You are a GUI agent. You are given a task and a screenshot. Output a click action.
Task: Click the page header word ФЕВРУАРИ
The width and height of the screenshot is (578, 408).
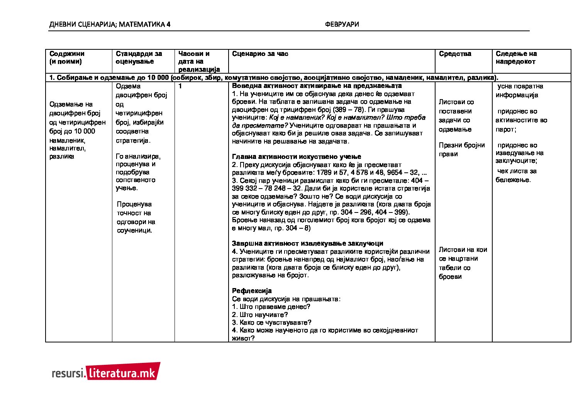pyautogui.click(x=342, y=24)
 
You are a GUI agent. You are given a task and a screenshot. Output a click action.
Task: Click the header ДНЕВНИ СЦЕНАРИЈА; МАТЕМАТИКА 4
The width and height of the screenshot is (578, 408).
pyautogui.click(x=110, y=24)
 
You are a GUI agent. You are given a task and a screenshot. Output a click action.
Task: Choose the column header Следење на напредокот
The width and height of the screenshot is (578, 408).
pyautogui.click(x=516, y=57)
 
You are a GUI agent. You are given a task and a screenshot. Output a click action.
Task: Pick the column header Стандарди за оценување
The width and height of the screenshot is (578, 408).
pyautogui.click(x=139, y=57)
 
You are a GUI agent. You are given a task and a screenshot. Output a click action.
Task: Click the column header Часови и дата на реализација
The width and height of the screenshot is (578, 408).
pyautogui.click(x=199, y=61)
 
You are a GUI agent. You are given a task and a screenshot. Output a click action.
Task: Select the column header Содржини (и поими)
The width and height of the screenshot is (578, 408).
pyautogui.click(x=67, y=57)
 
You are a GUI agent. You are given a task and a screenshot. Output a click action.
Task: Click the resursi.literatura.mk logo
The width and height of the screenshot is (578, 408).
pyautogui.click(x=106, y=371)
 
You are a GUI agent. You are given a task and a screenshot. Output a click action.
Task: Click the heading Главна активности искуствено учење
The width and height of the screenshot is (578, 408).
pyautogui.click(x=297, y=157)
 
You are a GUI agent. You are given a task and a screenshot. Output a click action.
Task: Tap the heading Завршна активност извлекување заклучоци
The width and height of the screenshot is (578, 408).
pyautogui.click(x=307, y=243)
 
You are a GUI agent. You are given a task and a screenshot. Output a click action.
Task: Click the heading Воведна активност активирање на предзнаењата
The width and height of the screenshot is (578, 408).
pyautogui.click(x=317, y=86)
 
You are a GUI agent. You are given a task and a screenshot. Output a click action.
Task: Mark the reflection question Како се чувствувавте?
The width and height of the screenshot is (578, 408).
pyautogui.click(x=271, y=322)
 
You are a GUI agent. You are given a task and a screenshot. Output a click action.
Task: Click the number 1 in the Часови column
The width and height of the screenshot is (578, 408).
pyautogui.click(x=180, y=86)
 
